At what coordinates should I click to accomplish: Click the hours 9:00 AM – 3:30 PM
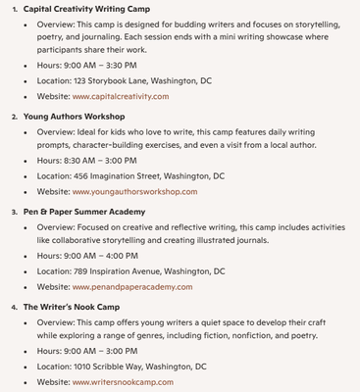coord(99,64)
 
